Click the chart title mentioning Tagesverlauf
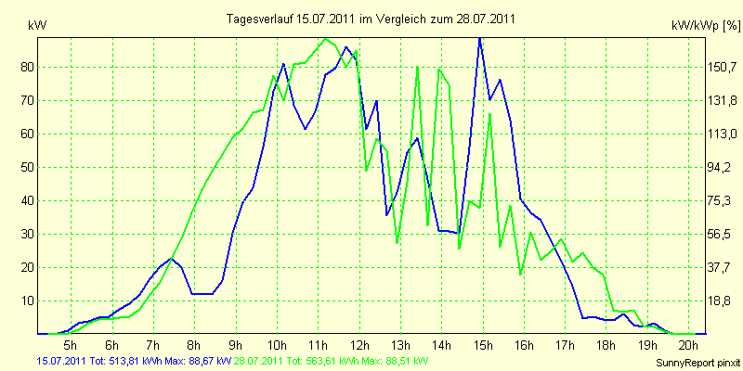(x=371, y=19)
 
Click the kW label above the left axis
(x=37, y=26)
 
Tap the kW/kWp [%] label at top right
(x=706, y=26)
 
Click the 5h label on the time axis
(x=71, y=344)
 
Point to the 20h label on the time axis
(x=688, y=344)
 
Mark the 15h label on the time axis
(x=483, y=344)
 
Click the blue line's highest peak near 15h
(x=480, y=38)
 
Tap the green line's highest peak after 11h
(x=325, y=39)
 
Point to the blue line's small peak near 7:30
(x=172, y=259)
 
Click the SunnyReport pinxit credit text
(x=697, y=363)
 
